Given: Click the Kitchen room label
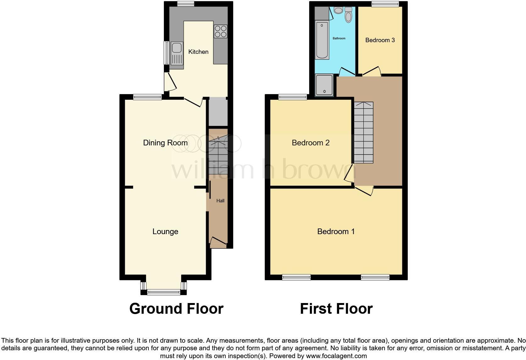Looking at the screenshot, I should point(198,52).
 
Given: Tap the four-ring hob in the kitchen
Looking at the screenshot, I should point(221,31).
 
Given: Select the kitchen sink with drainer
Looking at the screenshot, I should point(177,55).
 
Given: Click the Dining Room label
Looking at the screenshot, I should point(165,143).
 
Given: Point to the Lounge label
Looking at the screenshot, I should point(165,232).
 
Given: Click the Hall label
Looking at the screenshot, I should point(220,201).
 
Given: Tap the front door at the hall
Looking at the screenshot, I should point(218,241).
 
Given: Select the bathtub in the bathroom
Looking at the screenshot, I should point(322,40).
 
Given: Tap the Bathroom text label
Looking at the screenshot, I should point(339,38).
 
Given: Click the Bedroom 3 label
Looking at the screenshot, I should point(380,40).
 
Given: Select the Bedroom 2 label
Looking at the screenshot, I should point(311,143).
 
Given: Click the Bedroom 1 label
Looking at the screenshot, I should point(336,232).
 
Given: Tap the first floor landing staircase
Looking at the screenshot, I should point(364,132).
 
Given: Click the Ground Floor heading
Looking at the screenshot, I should point(176,309).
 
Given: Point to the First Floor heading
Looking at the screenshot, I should point(336,309).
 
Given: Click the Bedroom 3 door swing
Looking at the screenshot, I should point(372,71).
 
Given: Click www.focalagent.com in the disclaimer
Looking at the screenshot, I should point(336,356).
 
